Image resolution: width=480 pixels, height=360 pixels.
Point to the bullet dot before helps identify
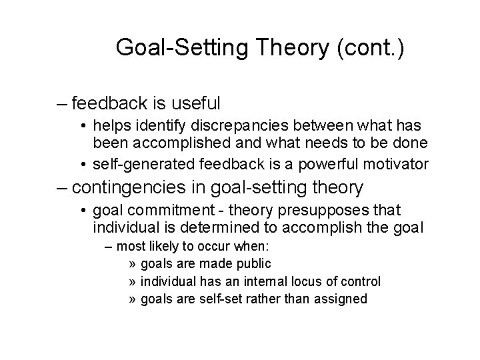82,125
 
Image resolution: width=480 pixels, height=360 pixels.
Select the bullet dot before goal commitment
82,211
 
